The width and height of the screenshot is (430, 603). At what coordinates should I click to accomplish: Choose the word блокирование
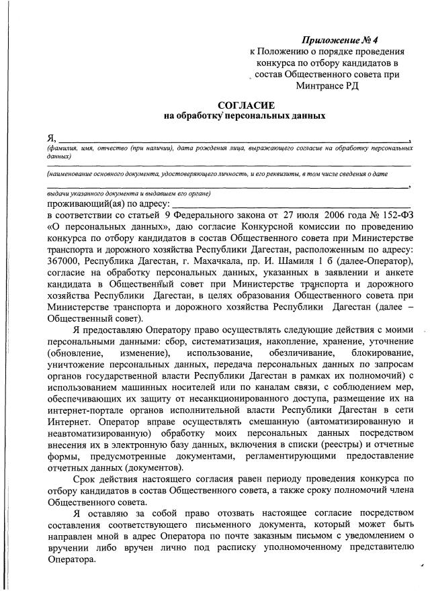click(x=378, y=353)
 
